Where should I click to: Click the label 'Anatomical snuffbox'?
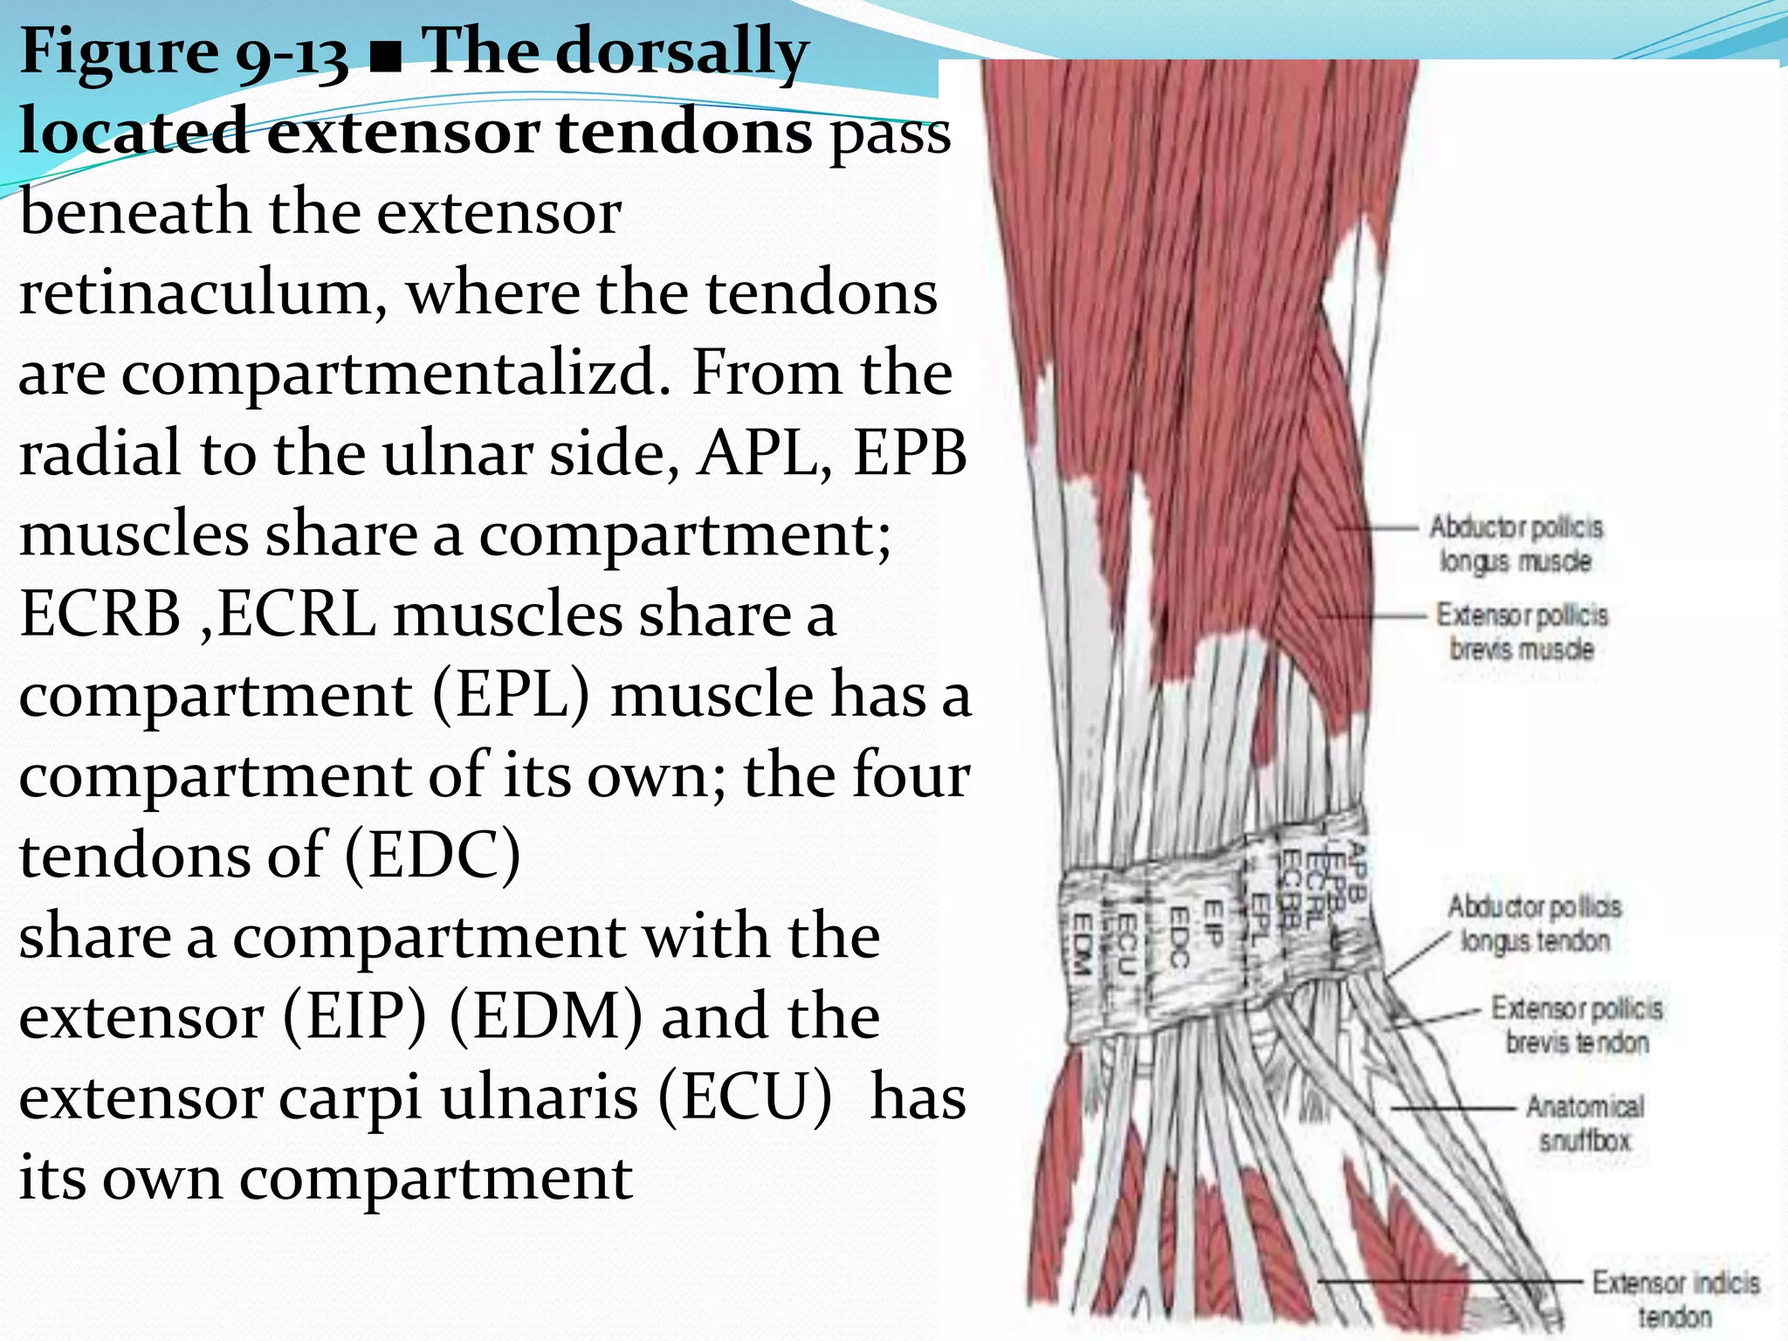pos(1585,1123)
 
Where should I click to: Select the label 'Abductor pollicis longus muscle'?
pos(1516,543)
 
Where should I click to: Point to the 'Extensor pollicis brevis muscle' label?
pos(1522,631)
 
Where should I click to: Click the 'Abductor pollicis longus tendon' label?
pos(1534,923)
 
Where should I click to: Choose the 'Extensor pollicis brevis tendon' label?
pos(1577,1025)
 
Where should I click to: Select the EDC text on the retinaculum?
pos(1179,937)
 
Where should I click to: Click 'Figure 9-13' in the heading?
pos(183,52)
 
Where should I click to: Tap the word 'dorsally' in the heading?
pos(681,52)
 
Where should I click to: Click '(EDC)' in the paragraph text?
pos(433,856)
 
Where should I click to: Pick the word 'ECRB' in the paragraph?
pos(100,615)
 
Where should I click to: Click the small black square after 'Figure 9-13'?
pos(385,63)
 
